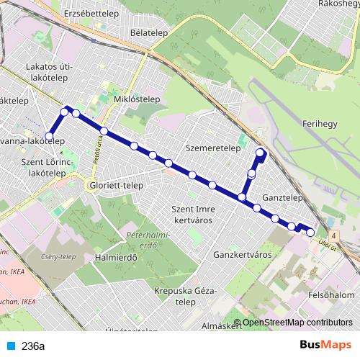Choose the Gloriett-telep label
[115, 185]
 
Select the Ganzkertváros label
[242, 255]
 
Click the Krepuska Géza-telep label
[185, 296]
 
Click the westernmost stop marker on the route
[50, 135]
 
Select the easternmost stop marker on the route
[310, 232]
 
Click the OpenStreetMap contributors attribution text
[297, 322]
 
